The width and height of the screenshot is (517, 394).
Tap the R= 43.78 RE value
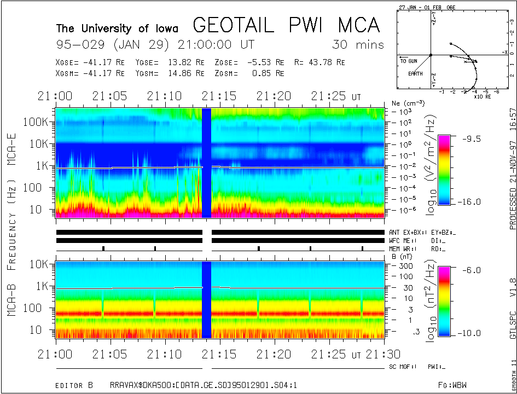pos(320,62)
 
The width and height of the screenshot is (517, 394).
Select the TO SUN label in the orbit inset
pos(410,61)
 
